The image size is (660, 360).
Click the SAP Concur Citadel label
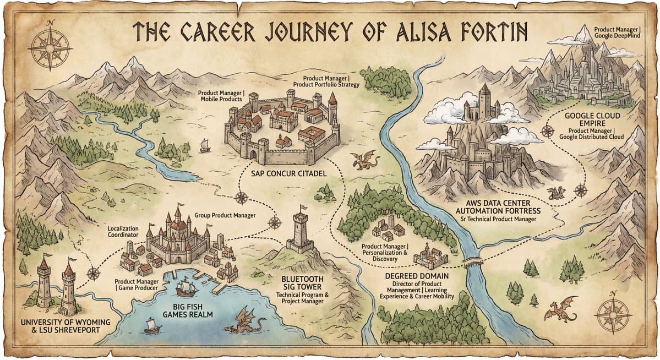288,173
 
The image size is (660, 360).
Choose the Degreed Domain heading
416,275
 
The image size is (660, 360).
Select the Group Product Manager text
225,215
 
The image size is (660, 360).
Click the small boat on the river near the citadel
205,146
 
